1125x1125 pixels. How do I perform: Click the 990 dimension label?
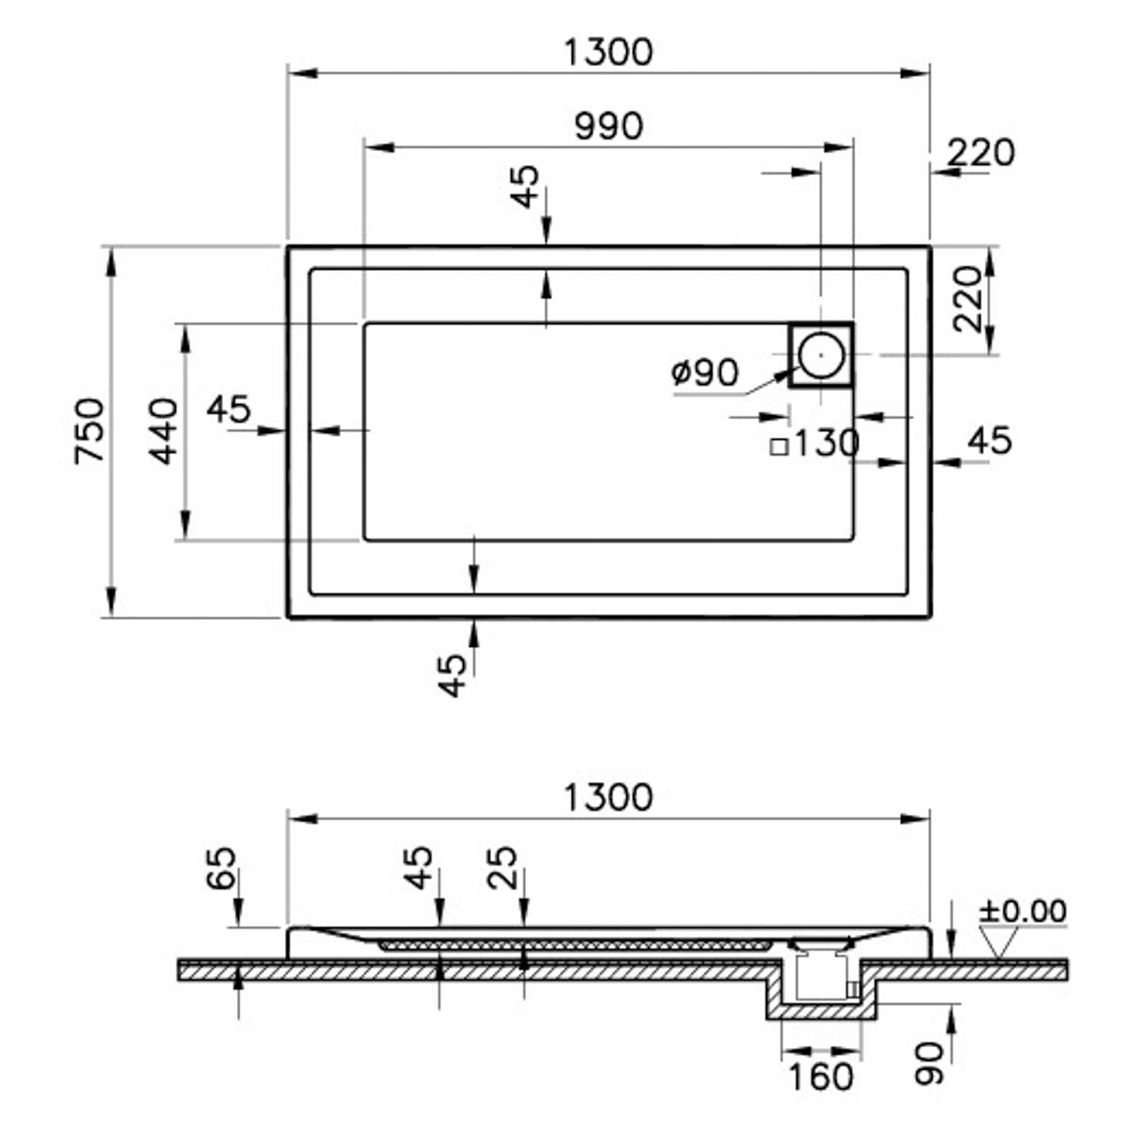pyautogui.click(x=608, y=126)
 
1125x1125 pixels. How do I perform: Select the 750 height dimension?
pyautogui.click(x=90, y=431)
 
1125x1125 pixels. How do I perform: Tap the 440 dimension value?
pyautogui.click(x=164, y=431)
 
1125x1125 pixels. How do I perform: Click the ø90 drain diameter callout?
pyautogui.click(x=705, y=373)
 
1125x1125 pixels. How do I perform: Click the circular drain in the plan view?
pyautogui.click(x=821, y=354)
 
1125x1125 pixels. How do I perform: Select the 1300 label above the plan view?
pyautogui.click(x=607, y=52)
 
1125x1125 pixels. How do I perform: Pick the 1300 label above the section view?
pyautogui.click(x=607, y=798)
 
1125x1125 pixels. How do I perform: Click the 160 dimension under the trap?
pyautogui.click(x=820, y=1077)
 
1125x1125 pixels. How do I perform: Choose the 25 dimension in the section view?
pyautogui.click(x=503, y=867)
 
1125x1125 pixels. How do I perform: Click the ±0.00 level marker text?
pyautogui.click(x=1023, y=910)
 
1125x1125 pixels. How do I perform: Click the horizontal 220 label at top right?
pyautogui.click(x=981, y=152)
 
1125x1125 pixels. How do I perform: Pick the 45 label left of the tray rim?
pyautogui.click(x=229, y=409)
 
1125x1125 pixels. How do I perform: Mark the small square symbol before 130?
pyautogui.click(x=778, y=447)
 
